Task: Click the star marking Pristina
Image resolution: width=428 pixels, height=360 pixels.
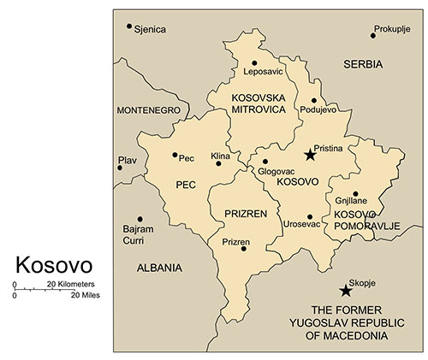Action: coord(309,155)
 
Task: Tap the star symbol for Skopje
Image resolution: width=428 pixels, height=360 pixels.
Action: coord(346,290)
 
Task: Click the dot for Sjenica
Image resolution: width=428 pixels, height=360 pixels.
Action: coord(129,27)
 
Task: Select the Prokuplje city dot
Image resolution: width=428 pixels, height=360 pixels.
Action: coord(373,35)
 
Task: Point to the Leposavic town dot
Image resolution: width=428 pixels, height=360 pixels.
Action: coord(254,63)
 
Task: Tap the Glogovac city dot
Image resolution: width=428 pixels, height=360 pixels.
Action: coord(265,161)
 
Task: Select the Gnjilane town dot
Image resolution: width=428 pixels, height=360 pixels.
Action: coord(354,194)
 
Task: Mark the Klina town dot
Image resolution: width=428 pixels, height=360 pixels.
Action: coord(218,163)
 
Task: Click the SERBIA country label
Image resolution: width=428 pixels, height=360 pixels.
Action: coord(363,64)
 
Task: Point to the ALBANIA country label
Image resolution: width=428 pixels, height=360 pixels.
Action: coord(159,268)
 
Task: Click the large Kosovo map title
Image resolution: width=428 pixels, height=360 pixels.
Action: coord(54,262)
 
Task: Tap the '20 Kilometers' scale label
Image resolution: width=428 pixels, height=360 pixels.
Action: coord(70,284)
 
